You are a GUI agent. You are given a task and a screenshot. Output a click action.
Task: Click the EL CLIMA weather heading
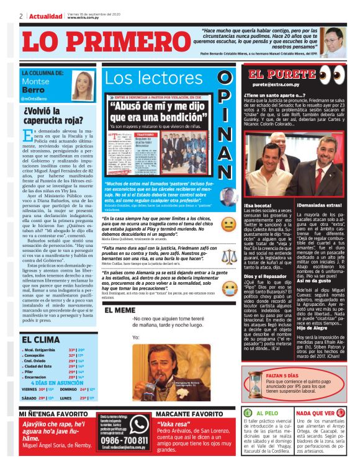41,340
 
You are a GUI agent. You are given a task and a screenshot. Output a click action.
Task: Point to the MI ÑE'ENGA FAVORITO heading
53,414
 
